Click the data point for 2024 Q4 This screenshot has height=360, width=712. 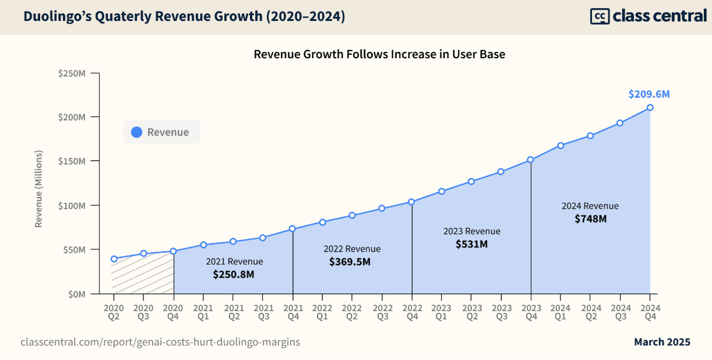650,107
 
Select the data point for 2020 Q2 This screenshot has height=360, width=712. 114,259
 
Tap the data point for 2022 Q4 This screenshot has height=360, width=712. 412,202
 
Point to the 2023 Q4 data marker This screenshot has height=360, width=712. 531,160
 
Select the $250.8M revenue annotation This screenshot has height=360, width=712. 233,274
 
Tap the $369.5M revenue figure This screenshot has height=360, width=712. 350,262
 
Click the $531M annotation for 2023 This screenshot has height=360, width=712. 471,244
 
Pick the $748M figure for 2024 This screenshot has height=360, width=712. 590,218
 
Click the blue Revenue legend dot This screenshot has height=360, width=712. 137,132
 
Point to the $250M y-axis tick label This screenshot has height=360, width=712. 72,73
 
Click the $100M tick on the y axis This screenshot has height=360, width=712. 72,206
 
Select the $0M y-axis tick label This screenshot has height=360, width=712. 76,294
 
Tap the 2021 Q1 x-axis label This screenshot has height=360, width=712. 203,311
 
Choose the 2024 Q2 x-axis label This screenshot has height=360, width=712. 590,311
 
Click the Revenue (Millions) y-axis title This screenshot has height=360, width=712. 39,189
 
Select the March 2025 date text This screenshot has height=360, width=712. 662,342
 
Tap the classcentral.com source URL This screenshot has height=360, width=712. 160,342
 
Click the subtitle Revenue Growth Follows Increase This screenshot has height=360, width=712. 379,55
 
